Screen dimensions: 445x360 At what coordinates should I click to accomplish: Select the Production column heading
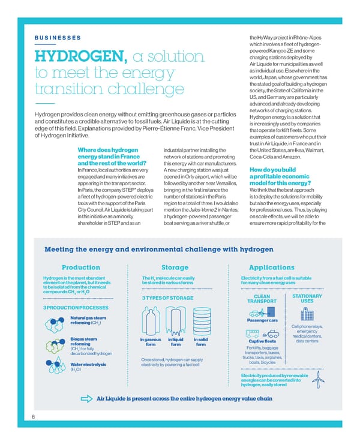(x=80, y=267)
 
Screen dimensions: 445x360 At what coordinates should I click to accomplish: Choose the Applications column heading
(x=271, y=267)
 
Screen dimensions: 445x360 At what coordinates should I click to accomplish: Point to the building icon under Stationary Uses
(x=307, y=314)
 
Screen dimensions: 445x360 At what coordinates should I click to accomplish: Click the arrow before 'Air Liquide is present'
(x=86, y=399)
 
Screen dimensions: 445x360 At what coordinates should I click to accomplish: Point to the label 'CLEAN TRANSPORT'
(x=262, y=299)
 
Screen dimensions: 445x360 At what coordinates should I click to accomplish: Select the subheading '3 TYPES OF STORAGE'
(x=167, y=298)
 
